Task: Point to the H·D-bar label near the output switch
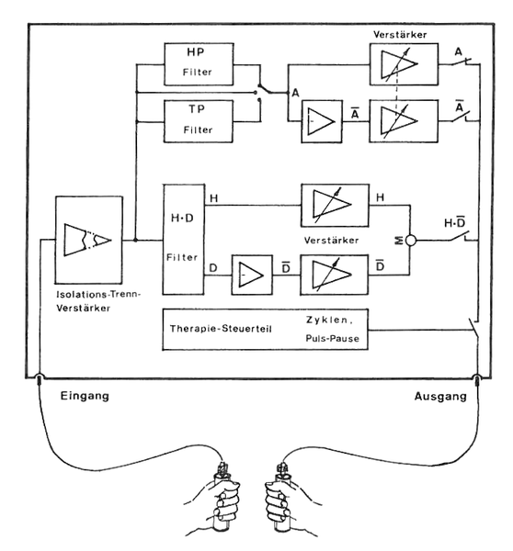click(x=454, y=220)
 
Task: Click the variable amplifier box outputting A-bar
click(x=397, y=120)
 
